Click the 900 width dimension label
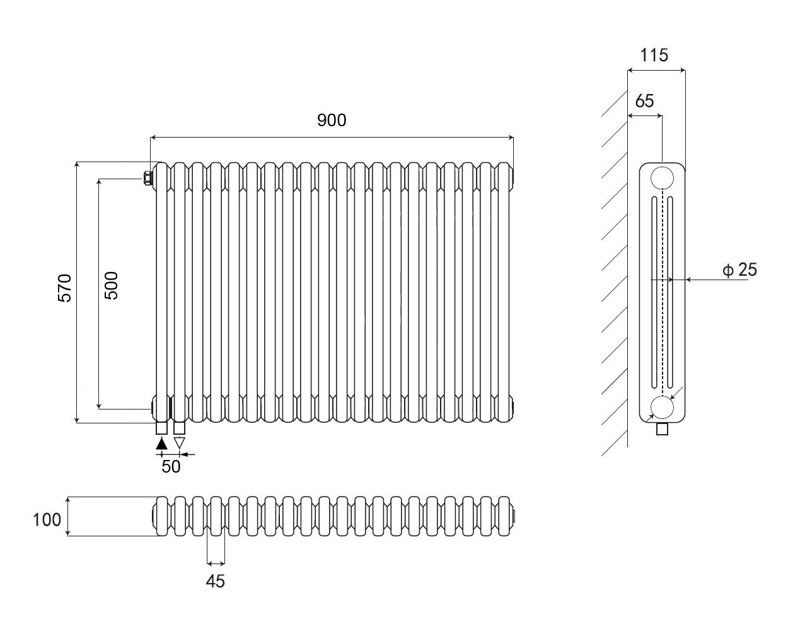tap(332, 120)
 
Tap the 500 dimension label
tap(111, 285)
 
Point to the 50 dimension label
tap(171, 466)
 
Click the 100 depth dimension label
tap(47, 519)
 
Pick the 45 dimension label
tap(216, 581)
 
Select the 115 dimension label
tap(654, 56)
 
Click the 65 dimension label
tap(644, 101)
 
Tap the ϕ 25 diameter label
tap(740, 270)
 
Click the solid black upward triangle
tap(162, 443)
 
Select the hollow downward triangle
tap(180, 443)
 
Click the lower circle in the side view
tap(662, 408)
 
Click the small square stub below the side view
tap(662, 429)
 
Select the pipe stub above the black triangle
tap(162, 428)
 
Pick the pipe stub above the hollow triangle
tap(180, 428)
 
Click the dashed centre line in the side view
tap(662, 290)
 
